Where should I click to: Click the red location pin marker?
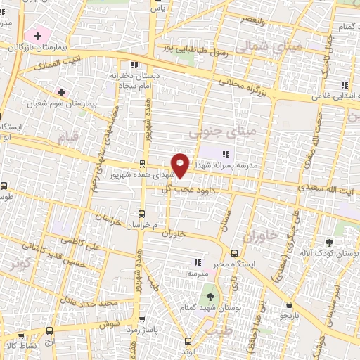tap(181, 165)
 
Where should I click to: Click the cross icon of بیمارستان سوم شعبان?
tap(61, 92)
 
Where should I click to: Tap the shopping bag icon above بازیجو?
tap(290, 304)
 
